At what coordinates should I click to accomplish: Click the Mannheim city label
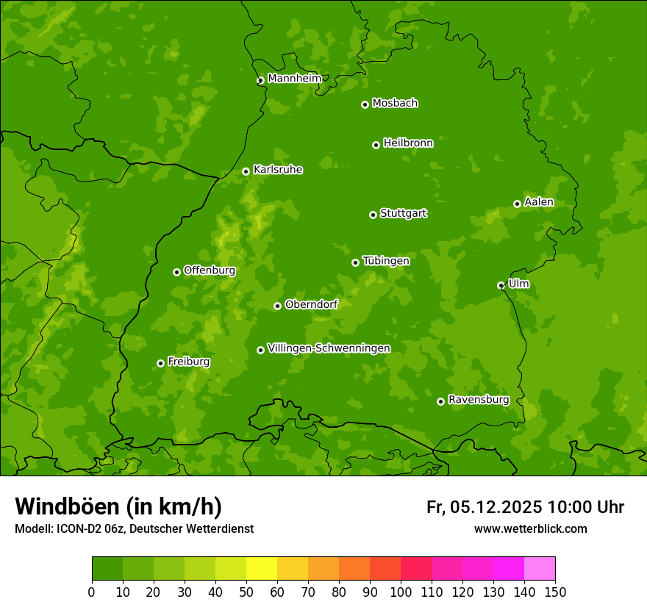coord(294,79)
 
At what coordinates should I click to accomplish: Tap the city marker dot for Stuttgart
coord(373,215)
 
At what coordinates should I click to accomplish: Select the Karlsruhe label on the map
coord(277,170)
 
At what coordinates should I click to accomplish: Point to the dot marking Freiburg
coord(160,363)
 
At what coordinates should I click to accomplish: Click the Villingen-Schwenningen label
coord(329,348)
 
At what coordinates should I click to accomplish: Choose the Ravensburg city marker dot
coord(440,401)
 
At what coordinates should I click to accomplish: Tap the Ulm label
coord(518,284)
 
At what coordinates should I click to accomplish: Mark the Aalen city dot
coord(517,204)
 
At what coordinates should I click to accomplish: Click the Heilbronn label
coord(408,143)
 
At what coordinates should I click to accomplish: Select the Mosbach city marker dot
coord(365,104)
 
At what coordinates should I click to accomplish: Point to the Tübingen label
coord(386,261)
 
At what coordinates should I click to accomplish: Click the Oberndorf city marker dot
coord(277,306)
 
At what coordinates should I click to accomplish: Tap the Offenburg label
coord(210,270)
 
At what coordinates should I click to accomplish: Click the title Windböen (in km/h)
coord(118,506)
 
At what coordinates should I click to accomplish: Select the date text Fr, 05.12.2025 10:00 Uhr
coord(525,507)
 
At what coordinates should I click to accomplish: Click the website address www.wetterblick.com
coord(530,528)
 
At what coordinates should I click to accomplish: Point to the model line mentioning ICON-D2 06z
coord(134,528)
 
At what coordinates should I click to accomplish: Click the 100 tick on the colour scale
coord(401,592)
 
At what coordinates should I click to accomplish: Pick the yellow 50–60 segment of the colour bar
coord(262,569)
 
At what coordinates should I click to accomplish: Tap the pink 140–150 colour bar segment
coord(540,569)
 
